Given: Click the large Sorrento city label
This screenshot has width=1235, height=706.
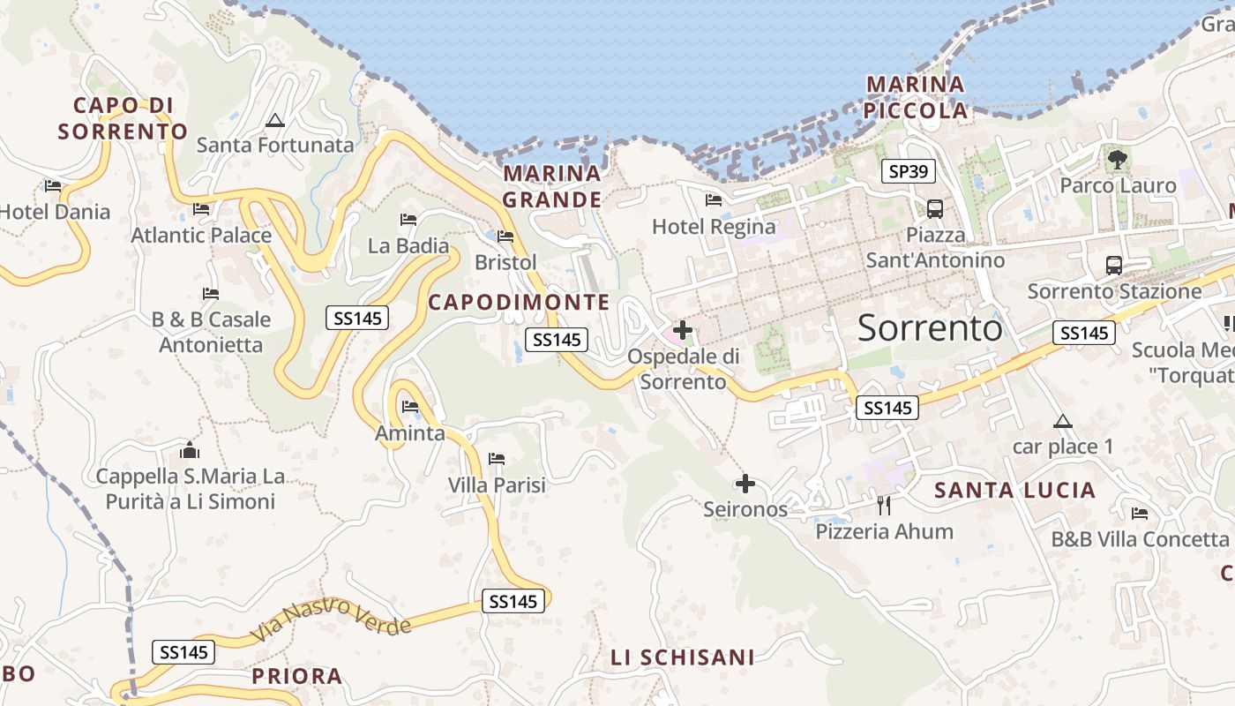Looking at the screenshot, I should click(x=930, y=328).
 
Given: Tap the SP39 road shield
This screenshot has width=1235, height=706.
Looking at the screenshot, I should click(x=909, y=171).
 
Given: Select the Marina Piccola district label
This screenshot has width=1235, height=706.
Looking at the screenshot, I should click(x=917, y=98).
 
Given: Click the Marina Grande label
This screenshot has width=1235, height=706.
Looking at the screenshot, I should click(x=552, y=186).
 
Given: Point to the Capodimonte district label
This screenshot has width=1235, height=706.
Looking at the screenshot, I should click(x=519, y=303).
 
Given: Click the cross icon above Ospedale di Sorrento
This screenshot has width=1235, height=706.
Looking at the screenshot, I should click(x=683, y=331).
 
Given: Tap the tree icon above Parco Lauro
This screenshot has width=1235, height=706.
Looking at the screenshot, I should click(x=1118, y=160).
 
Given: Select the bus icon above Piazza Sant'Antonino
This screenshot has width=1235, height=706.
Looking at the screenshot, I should click(x=935, y=209).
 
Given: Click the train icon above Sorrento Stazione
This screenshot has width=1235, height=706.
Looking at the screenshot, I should click(x=1114, y=265).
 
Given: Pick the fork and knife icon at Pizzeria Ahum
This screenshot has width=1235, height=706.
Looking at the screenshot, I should click(x=884, y=505).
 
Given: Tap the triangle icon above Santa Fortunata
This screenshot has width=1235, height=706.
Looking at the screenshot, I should click(x=275, y=119).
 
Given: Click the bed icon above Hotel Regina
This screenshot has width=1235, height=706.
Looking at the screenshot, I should click(x=714, y=200).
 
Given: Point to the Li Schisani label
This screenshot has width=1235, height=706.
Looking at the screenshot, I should click(x=683, y=657).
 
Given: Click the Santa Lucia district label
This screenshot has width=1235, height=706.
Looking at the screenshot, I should click(x=1014, y=491).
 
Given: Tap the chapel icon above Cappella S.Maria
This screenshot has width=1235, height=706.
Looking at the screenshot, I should click(x=190, y=451).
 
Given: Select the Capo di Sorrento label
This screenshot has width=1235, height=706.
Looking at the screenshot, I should click(x=123, y=119).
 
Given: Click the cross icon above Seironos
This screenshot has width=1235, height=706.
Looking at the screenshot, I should click(x=745, y=484).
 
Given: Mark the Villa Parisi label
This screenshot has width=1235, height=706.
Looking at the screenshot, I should click(x=497, y=485).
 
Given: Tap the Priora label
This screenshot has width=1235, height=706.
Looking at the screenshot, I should click(x=297, y=677).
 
